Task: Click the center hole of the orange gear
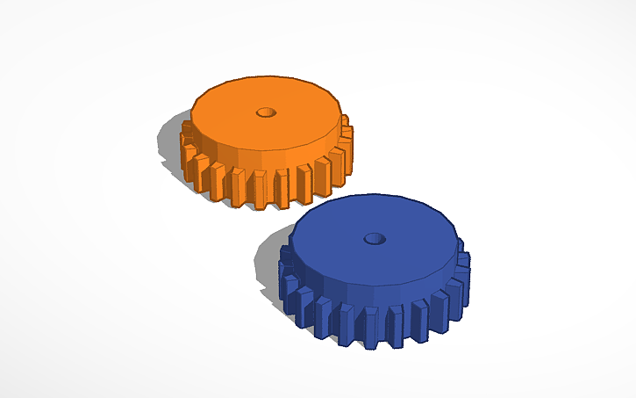[265, 112]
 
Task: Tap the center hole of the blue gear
[375, 238]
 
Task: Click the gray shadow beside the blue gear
[270, 264]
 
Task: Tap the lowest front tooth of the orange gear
[261, 190]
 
